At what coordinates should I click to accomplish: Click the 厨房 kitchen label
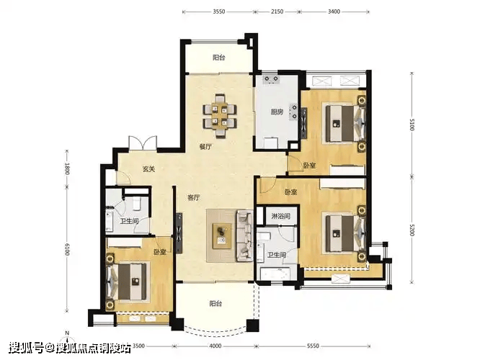(x=277, y=112)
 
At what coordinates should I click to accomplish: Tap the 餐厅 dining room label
(x=205, y=147)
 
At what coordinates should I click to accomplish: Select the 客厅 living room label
(x=193, y=197)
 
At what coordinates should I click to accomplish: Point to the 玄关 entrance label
(x=148, y=168)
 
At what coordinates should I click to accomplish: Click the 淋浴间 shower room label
(x=280, y=216)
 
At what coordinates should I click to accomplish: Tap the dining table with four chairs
(x=220, y=116)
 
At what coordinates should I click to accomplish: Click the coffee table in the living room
(x=222, y=234)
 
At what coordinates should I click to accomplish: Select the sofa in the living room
(x=244, y=235)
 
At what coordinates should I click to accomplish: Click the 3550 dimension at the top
(x=219, y=12)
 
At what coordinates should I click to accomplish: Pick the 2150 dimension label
(x=277, y=12)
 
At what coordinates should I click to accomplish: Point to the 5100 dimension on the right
(x=412, y=124)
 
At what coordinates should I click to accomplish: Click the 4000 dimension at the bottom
(x=215, y=346)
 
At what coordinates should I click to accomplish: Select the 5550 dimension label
(x=313, y=346)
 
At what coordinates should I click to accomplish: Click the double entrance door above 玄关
(x=143, y=143)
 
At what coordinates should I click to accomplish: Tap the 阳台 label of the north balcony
(x=218, y=58)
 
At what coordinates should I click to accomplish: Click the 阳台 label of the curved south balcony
(x=215, y=303)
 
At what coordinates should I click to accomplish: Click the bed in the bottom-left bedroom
(x=126, y=282)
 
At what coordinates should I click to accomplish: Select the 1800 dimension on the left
(x=67, y=168)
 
